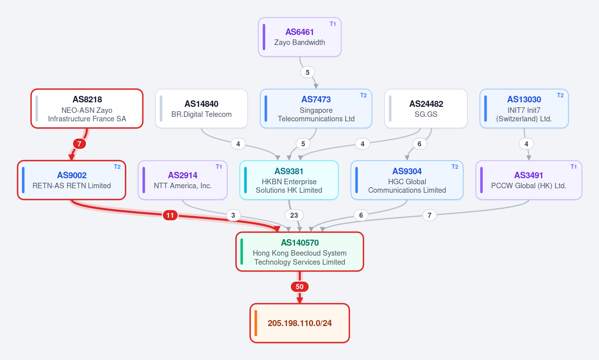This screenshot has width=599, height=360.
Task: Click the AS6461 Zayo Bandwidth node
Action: point(300,37)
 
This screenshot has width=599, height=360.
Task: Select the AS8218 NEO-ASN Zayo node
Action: point(87,109)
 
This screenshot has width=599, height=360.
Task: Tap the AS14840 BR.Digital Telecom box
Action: point(201,109)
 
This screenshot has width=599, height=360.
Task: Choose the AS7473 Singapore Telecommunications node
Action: point(316,109)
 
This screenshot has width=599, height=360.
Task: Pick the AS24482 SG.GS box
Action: point(426,109)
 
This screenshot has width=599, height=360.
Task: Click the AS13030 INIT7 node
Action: point(524,109)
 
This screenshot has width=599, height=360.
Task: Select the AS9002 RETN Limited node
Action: point(71,180)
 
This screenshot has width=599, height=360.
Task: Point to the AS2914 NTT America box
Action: point(183,180)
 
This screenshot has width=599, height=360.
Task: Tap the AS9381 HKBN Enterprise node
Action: point(289,180)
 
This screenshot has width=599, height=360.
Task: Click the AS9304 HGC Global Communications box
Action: point(407,180)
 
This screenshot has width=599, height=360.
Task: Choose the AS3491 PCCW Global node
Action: point(529,180)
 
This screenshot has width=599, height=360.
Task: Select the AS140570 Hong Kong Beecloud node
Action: point(300,252)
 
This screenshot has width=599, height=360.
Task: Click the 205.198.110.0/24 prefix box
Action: point(300,324)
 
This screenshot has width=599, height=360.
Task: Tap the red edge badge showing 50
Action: point(300,287)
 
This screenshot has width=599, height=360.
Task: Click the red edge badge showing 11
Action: point(170,215)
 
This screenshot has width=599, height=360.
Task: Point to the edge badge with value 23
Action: point(294,215)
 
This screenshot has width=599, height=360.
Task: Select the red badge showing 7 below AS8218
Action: point(79,144)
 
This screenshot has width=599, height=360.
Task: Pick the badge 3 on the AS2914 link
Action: point(233,215)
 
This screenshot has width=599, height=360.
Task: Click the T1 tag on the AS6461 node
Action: point(333,24)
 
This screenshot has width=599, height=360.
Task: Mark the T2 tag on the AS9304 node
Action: point(455,167)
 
